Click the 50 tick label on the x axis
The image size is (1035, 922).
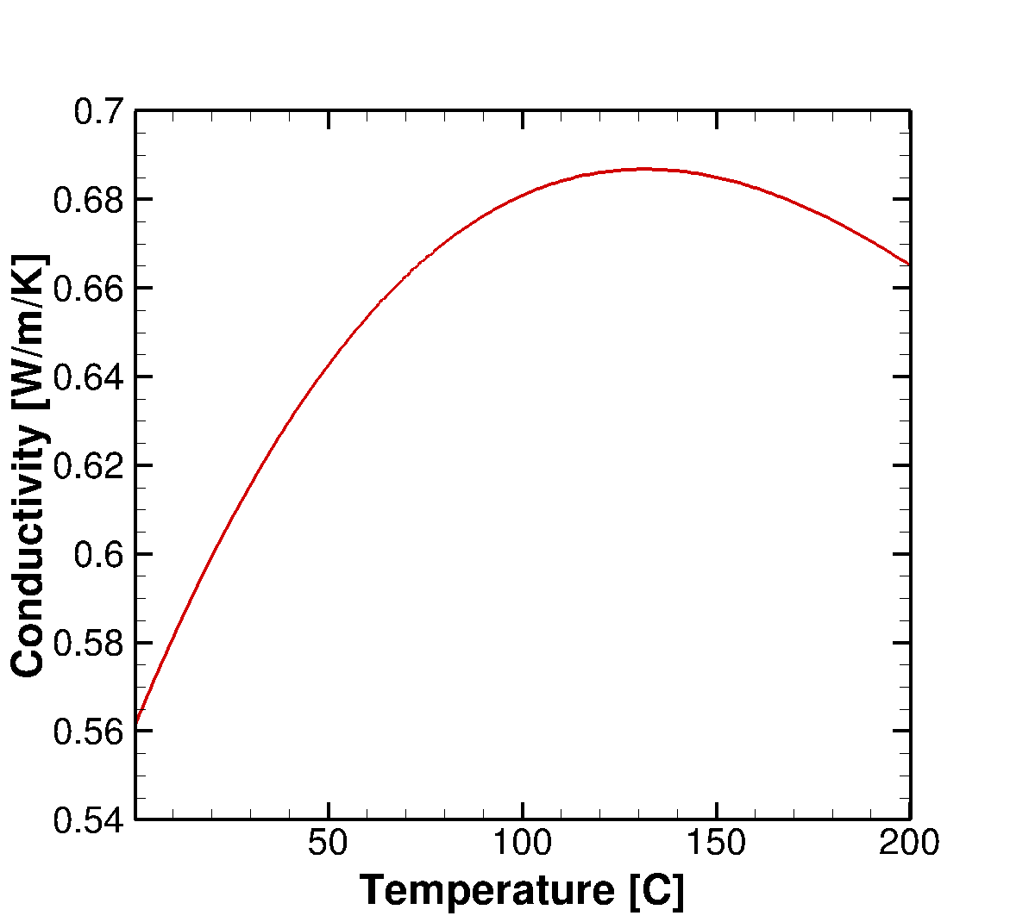[329, 843]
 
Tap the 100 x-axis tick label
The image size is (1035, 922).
[522, 843]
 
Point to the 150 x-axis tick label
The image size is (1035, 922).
[716, 843]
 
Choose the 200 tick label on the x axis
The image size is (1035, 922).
[909, 843]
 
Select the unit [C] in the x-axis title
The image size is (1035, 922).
[656, 890]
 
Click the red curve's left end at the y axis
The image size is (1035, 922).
[136, 721]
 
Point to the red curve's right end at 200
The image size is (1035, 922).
[909, 264]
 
